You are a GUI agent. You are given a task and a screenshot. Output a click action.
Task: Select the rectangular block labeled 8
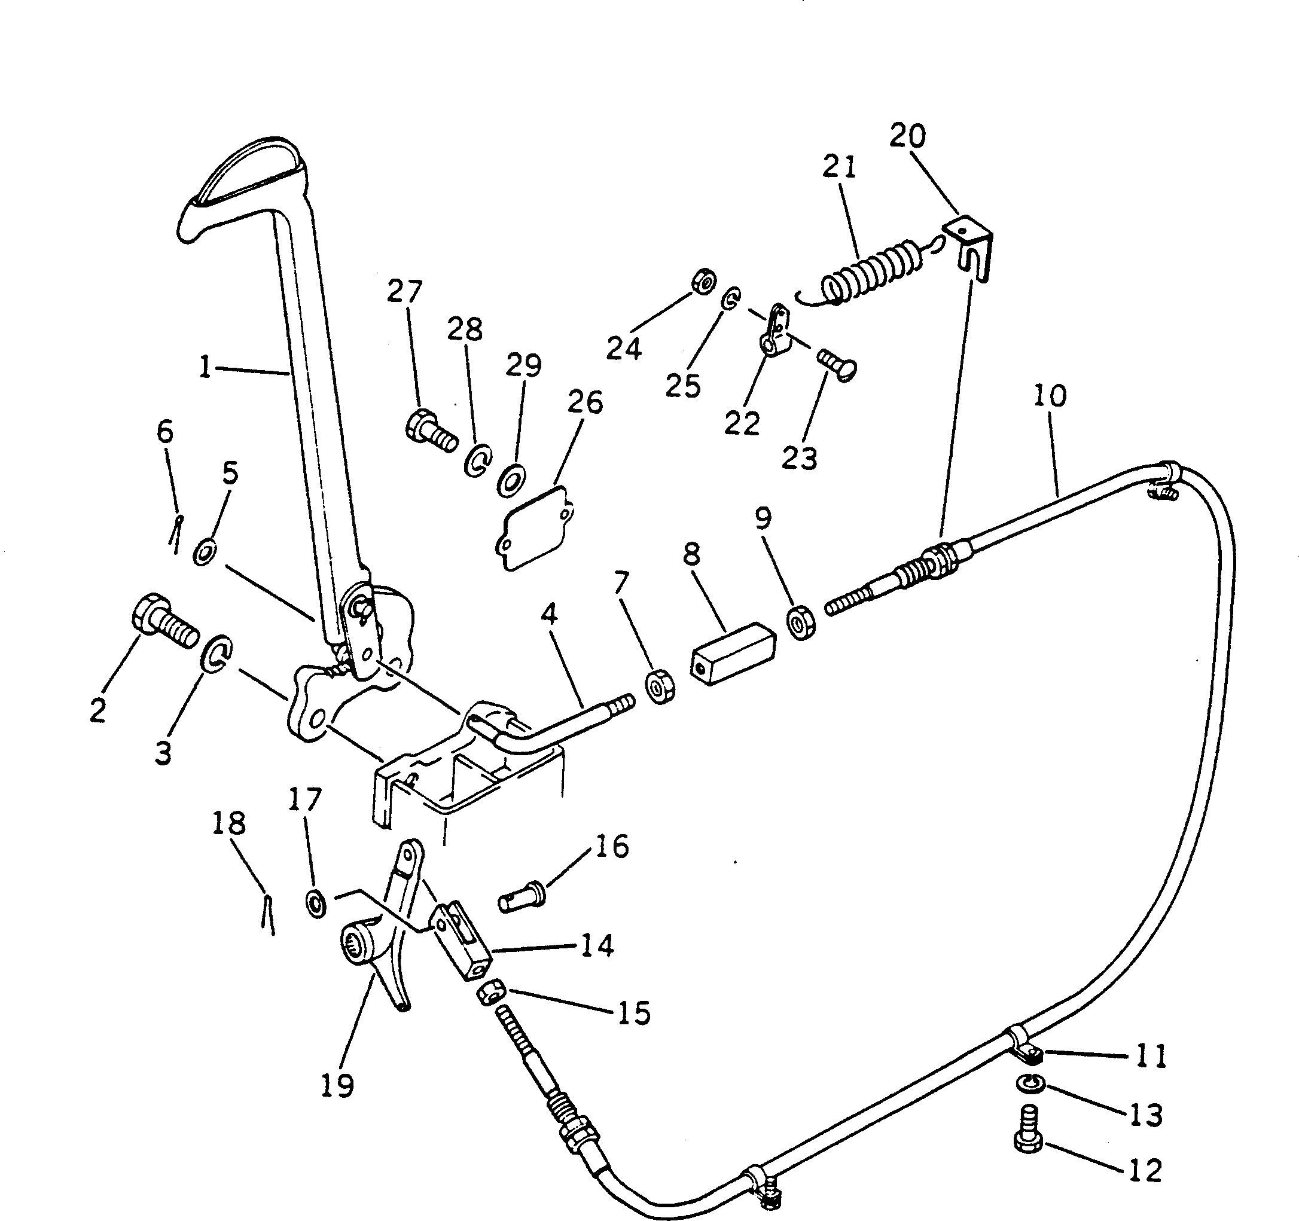(x=731, y=654)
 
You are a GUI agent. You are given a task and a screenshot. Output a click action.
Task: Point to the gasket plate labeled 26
(x=534, y=528)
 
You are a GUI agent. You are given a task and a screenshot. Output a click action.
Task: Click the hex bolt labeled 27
(x=431, y=432)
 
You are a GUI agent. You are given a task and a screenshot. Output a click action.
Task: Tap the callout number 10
(x=1051, y=396)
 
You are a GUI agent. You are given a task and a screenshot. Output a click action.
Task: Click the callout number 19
(x=337, y=1086)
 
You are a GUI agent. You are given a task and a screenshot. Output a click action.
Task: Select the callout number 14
(x=597, y=945)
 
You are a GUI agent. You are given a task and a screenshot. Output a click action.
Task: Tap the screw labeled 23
(x=837, y=365)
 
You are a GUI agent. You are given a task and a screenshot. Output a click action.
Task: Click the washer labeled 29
(x=513, y=481)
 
